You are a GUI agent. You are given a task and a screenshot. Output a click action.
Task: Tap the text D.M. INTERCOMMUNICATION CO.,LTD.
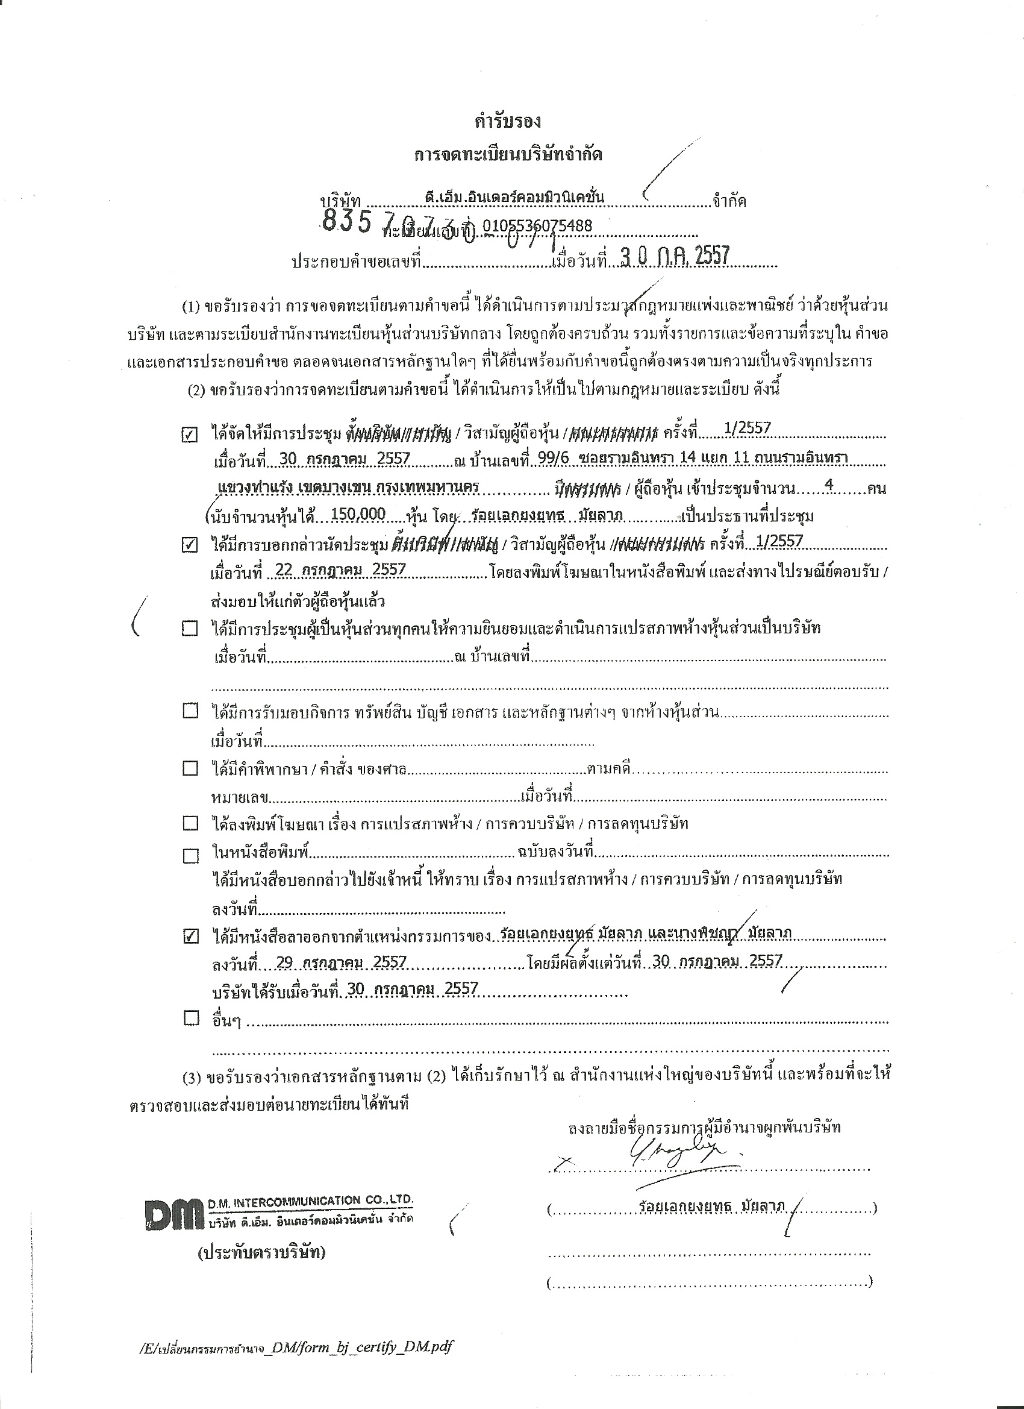310,1200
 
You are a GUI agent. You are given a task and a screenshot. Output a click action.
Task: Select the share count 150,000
358,515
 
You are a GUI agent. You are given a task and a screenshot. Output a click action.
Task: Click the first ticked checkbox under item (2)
189,436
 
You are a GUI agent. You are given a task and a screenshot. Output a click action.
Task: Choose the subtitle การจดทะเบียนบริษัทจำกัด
508,155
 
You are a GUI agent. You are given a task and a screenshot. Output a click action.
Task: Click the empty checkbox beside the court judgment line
190,768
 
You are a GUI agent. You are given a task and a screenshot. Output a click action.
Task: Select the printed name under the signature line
711,1206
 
